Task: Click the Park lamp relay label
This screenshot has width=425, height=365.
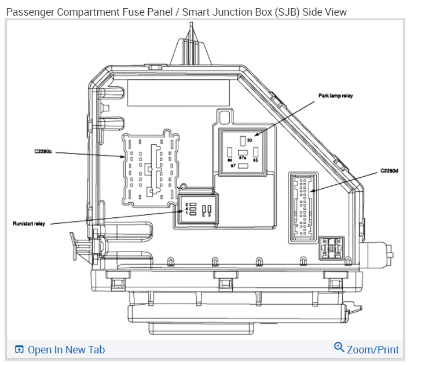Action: tap(335, 96)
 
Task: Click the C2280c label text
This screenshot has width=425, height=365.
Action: tap(43, 152)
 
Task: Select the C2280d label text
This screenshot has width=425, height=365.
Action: tap(389, 171)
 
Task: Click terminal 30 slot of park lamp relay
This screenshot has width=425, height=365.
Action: tap(243, 140)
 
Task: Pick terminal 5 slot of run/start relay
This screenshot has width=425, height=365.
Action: tap(204, 209)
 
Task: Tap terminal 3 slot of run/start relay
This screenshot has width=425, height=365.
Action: tap(211, 209)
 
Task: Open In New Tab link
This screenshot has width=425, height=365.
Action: tap(66, 349)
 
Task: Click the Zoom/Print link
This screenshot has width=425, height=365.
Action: tap(372, 349)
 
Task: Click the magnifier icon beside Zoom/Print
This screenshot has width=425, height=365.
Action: tap(339, 348)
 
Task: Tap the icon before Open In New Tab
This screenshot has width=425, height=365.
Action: tap(20, 349)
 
